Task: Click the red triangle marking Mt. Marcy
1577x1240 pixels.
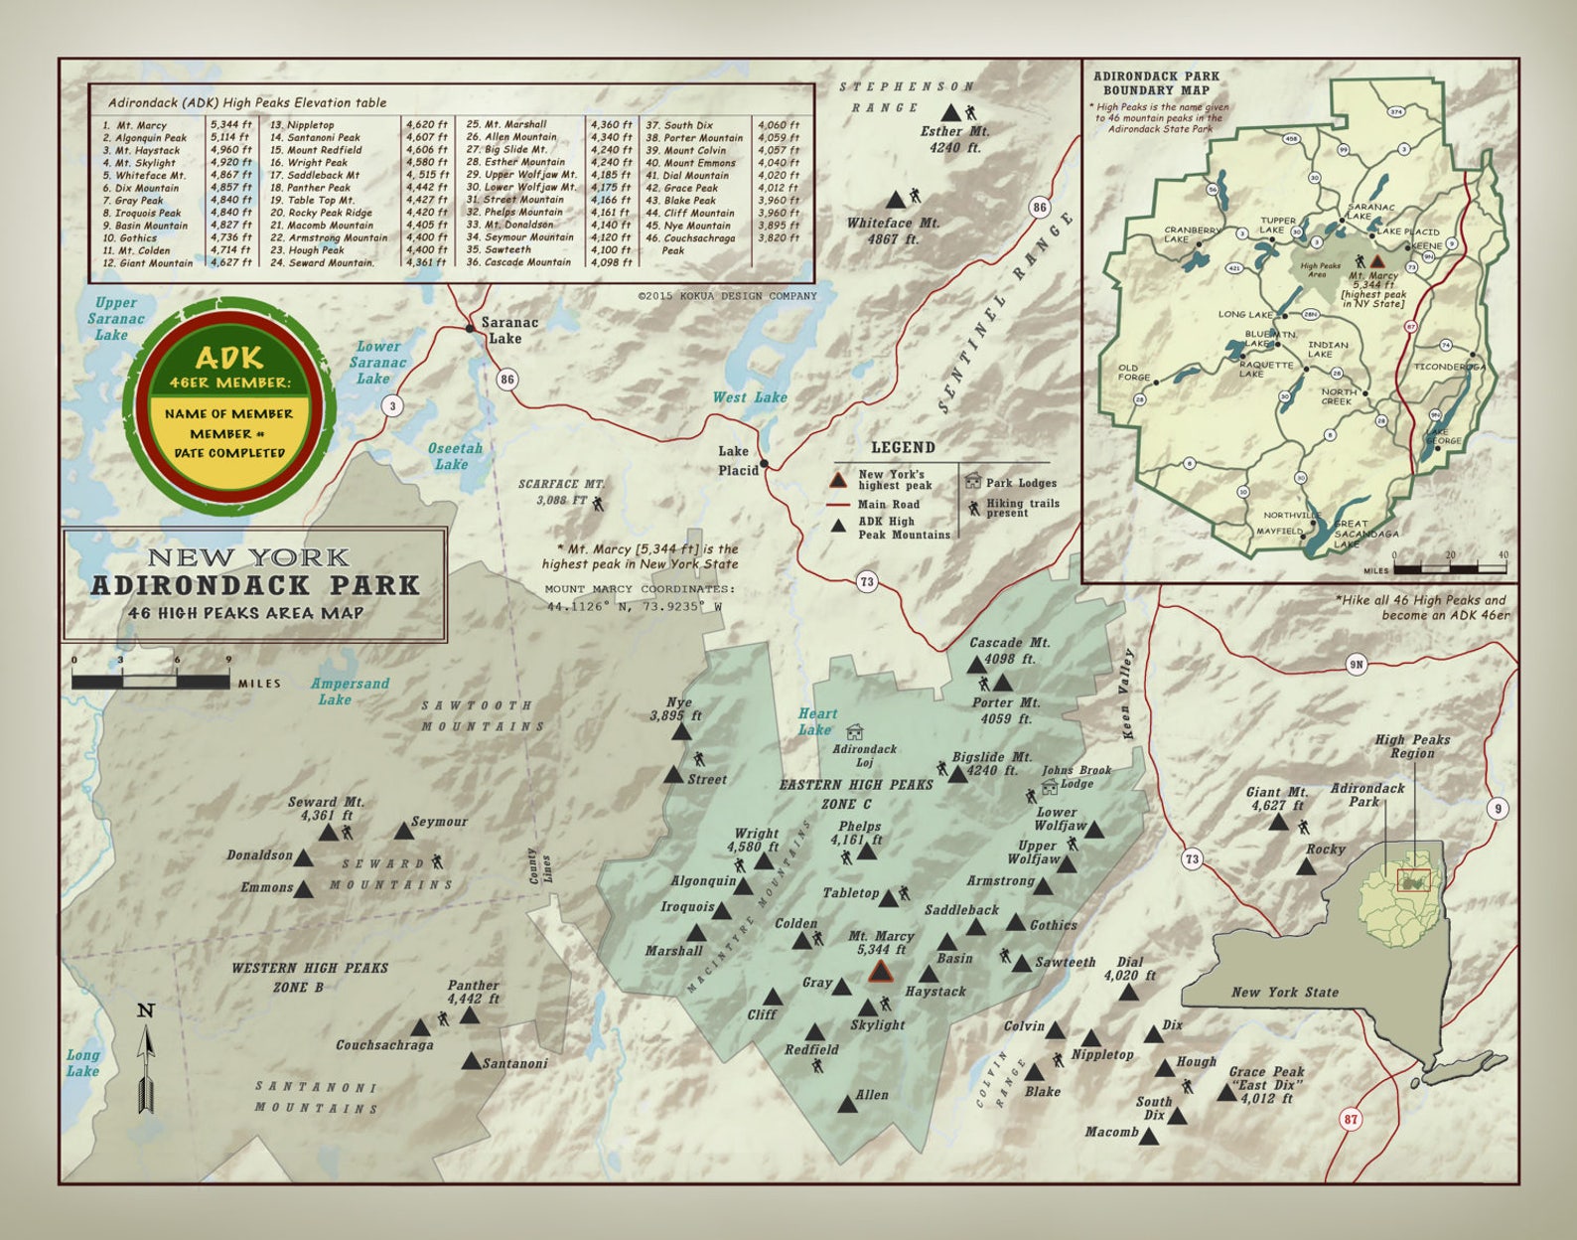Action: pyautogui.click(x=880, y=972)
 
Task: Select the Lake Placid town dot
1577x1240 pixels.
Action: pyautogui.click(x=764, y=464)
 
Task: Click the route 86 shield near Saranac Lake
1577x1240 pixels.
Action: pyautogui.click(x=507, y=379)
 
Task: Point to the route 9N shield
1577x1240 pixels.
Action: pyautogui.click(x=1357, y=665)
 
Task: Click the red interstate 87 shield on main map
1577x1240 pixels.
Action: pyautogui.click(x=1351, y=1119)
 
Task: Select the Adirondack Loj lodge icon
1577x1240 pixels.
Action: pyautogui.click(x=854, y=732)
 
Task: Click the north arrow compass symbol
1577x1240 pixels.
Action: pyautogui.click(x=146, y=1059)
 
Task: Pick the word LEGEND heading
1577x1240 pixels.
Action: pyautogui.click(x=903, y=447)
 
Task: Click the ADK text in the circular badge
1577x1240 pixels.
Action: pyautogui.click(x=229, y=358)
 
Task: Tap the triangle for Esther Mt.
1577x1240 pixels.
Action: pyautogui.click(x=950, y=112)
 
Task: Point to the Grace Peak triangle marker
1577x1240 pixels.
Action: pyautogui.click(x=1226, y=1092)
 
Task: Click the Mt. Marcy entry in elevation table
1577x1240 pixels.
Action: pyautogui.click(x=142, y=125)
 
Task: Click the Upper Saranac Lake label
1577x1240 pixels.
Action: pyautogui.click(x=115, y=318)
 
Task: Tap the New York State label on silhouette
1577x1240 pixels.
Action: pyautogui.click(x=1284, y=992)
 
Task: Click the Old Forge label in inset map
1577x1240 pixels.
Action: pyautogui.click(x=1133, y=373)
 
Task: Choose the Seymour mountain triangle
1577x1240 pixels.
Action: pyautogui.click(x=402, y=831)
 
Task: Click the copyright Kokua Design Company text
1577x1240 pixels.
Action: pyautogui.click(x=727, y=295)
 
